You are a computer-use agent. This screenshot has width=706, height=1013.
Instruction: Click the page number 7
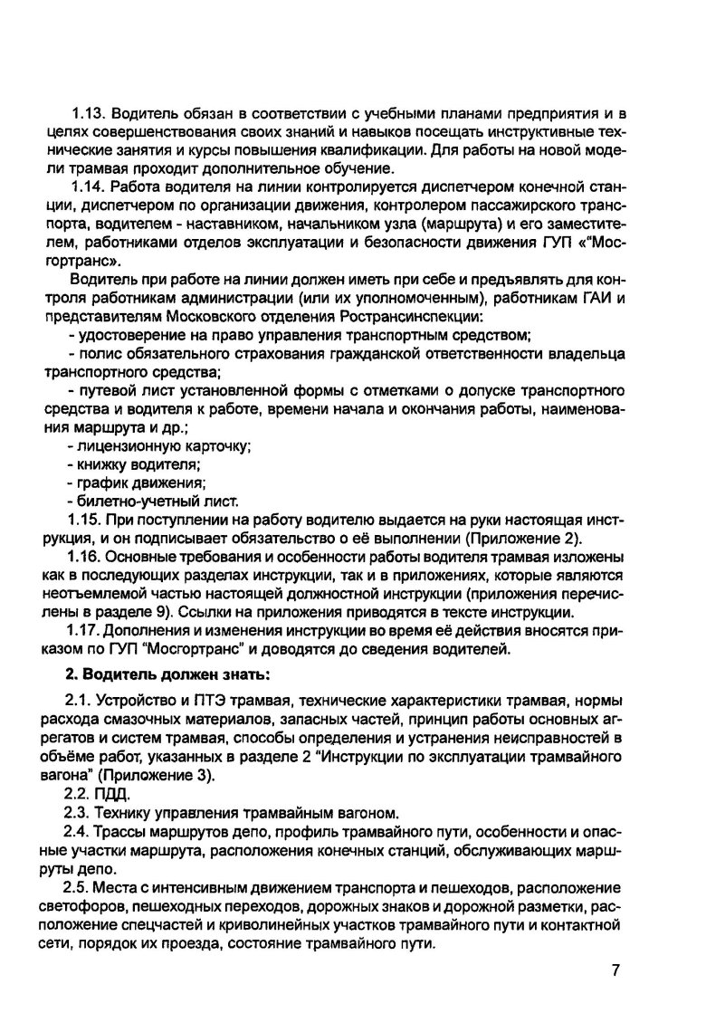615,971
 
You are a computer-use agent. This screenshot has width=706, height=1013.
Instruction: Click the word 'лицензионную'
124,446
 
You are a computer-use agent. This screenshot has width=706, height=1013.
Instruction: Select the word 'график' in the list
100,483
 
